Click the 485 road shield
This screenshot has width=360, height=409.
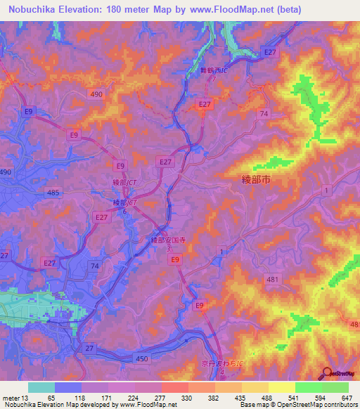(51, 191)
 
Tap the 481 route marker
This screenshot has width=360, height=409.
(272, 280)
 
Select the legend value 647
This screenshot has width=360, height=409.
(346, 397)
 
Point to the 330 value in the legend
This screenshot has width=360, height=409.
(186, 397)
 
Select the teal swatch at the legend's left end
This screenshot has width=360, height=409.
(41, 387)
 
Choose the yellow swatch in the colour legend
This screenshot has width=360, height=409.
(281, 387)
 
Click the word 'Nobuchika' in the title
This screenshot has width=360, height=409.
(32, 10)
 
